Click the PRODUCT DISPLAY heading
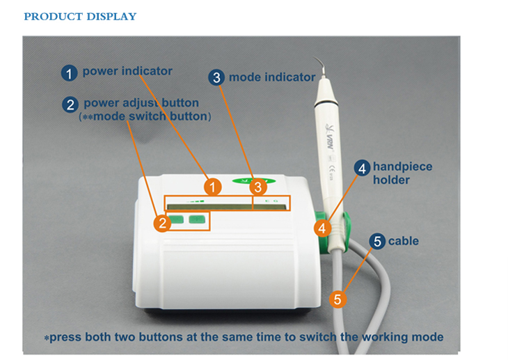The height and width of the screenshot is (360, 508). coord(80,16)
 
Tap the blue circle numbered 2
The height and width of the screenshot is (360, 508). coord(70,105)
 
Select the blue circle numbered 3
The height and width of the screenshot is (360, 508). coord(217,78)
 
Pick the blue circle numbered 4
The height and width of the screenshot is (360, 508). coord(361,168)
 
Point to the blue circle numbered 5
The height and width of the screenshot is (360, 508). coord(377,242)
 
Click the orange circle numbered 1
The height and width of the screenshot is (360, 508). coord(214,187)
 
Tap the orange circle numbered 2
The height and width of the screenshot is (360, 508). coord(162,223)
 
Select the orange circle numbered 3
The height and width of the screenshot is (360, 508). coord(258,187)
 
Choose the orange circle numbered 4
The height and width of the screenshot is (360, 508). coord(321,228)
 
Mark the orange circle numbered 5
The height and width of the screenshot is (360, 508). coord(338,299)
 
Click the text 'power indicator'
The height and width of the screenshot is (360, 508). coord(127,71)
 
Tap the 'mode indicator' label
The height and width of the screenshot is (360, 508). coord(272,77)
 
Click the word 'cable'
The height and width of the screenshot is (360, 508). coord(404,241)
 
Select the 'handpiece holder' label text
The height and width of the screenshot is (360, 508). coord(402,173)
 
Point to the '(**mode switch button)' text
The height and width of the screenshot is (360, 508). coord(145,116)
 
